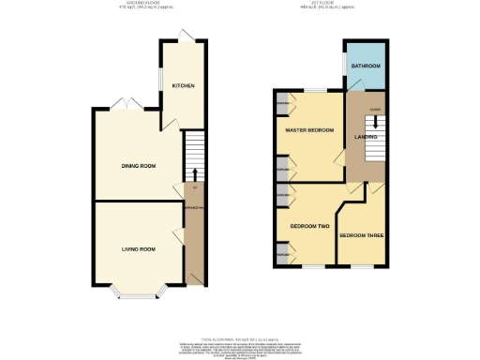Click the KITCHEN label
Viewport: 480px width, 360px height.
pos(182,86)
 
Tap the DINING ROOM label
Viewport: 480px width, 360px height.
pos(138,166)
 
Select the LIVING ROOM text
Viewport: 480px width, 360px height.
pos(138,248)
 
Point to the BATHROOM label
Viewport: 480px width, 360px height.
pos(365,67)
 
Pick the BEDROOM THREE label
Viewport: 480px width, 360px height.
pos(359,234)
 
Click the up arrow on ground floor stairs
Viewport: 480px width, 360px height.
pos(194,173)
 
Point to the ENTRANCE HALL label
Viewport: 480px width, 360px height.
pos(193,206)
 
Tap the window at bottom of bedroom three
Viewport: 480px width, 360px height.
pos(361,267)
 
